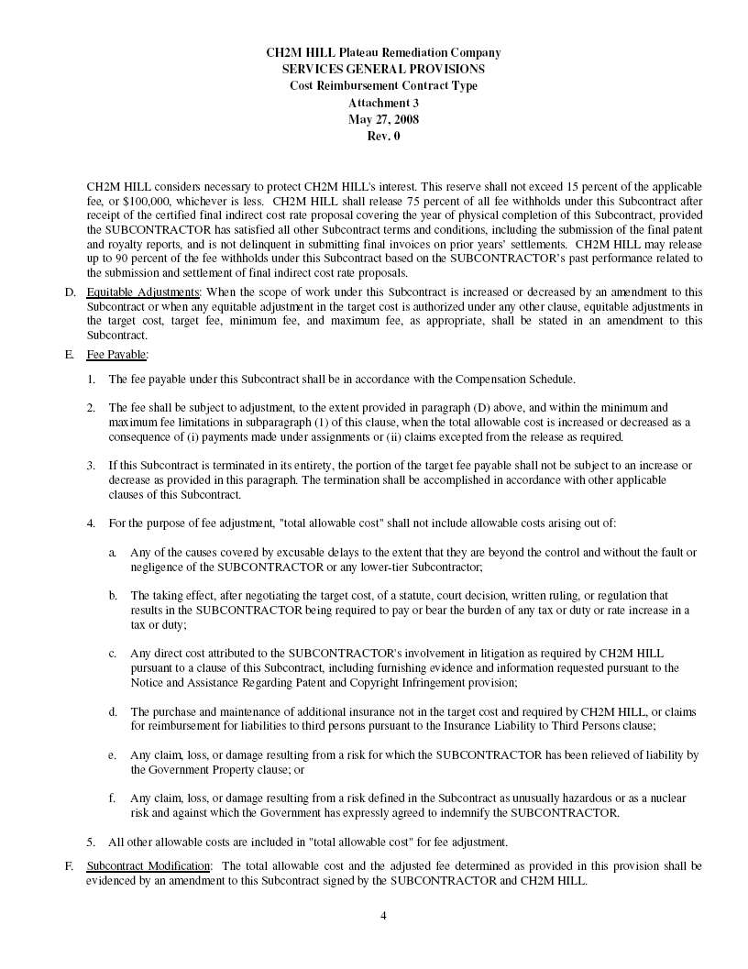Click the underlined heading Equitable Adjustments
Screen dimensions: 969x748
click(142, 292)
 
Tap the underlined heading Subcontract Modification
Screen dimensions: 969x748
click(148, 865)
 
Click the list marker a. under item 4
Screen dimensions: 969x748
click(112, 553)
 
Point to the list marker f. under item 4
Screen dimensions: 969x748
click(112, 798)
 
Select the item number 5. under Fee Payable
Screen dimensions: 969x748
click(91, 842)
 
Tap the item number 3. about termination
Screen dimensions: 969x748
click(91, 466)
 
